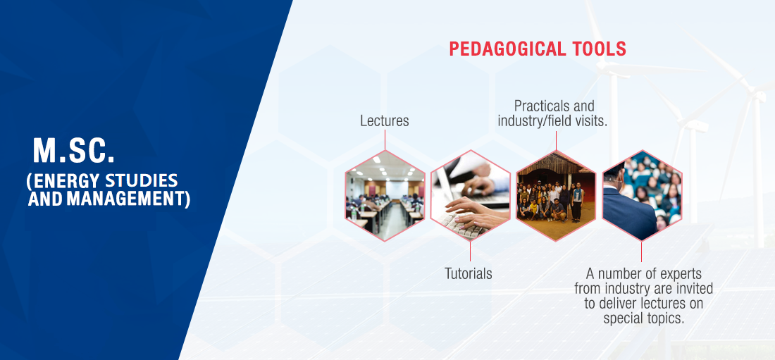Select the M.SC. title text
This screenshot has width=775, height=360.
[x=74, y=150]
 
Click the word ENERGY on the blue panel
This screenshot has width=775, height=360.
[x=61, y=182]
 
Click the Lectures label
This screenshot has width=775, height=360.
[x=385, y=121]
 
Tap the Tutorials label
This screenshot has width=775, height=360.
[x=468, y=273]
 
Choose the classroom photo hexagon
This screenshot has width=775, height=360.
[x=385, y=195]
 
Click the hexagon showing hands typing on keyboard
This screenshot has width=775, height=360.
[x=470, y=195]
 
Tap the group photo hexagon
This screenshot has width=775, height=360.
[x=556, y=195]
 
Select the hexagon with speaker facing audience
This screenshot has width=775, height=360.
[x=642, y=195]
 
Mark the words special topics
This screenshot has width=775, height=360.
[x=643, y=318]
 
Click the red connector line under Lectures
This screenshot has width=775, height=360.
[x=385, y=139]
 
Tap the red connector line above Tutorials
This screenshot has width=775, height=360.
[x=470, y=252]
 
